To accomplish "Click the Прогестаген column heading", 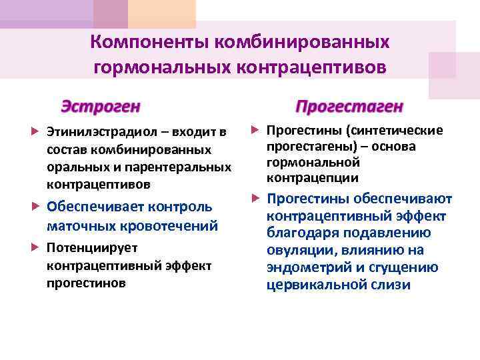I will coord(350,107).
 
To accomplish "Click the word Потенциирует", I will coord(83,248).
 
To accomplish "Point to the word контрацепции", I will coord(312,178).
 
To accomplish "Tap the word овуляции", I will coord(301,250).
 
